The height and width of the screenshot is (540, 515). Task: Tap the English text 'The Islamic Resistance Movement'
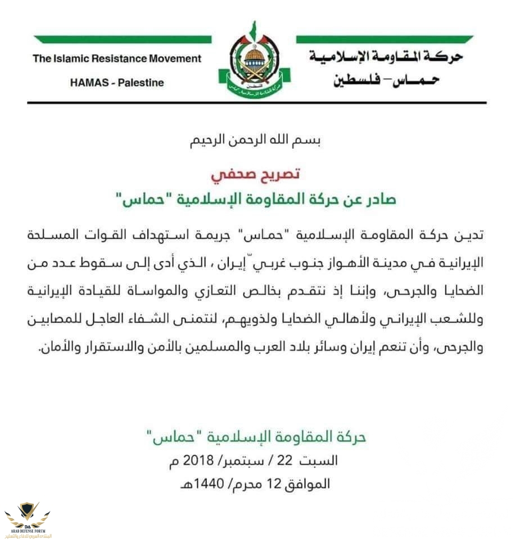(117, 58)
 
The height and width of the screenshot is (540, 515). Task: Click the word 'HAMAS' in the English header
(89, 83)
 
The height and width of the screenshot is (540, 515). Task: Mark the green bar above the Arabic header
(385, 39)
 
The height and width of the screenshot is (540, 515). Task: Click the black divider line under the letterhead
(257, 102)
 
